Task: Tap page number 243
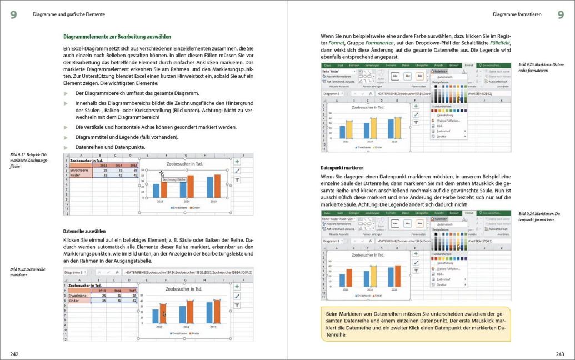click(x=559, y=353)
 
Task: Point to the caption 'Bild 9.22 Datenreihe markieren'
click(x=28, y=272)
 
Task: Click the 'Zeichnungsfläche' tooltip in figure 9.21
click(x=173, y=179)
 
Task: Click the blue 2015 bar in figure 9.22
click(x=209, y=312)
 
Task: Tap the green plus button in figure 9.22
click(x=237, y=286)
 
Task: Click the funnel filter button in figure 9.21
click(x=237, y=180)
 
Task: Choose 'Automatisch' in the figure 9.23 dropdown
click(x=444, y=77)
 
